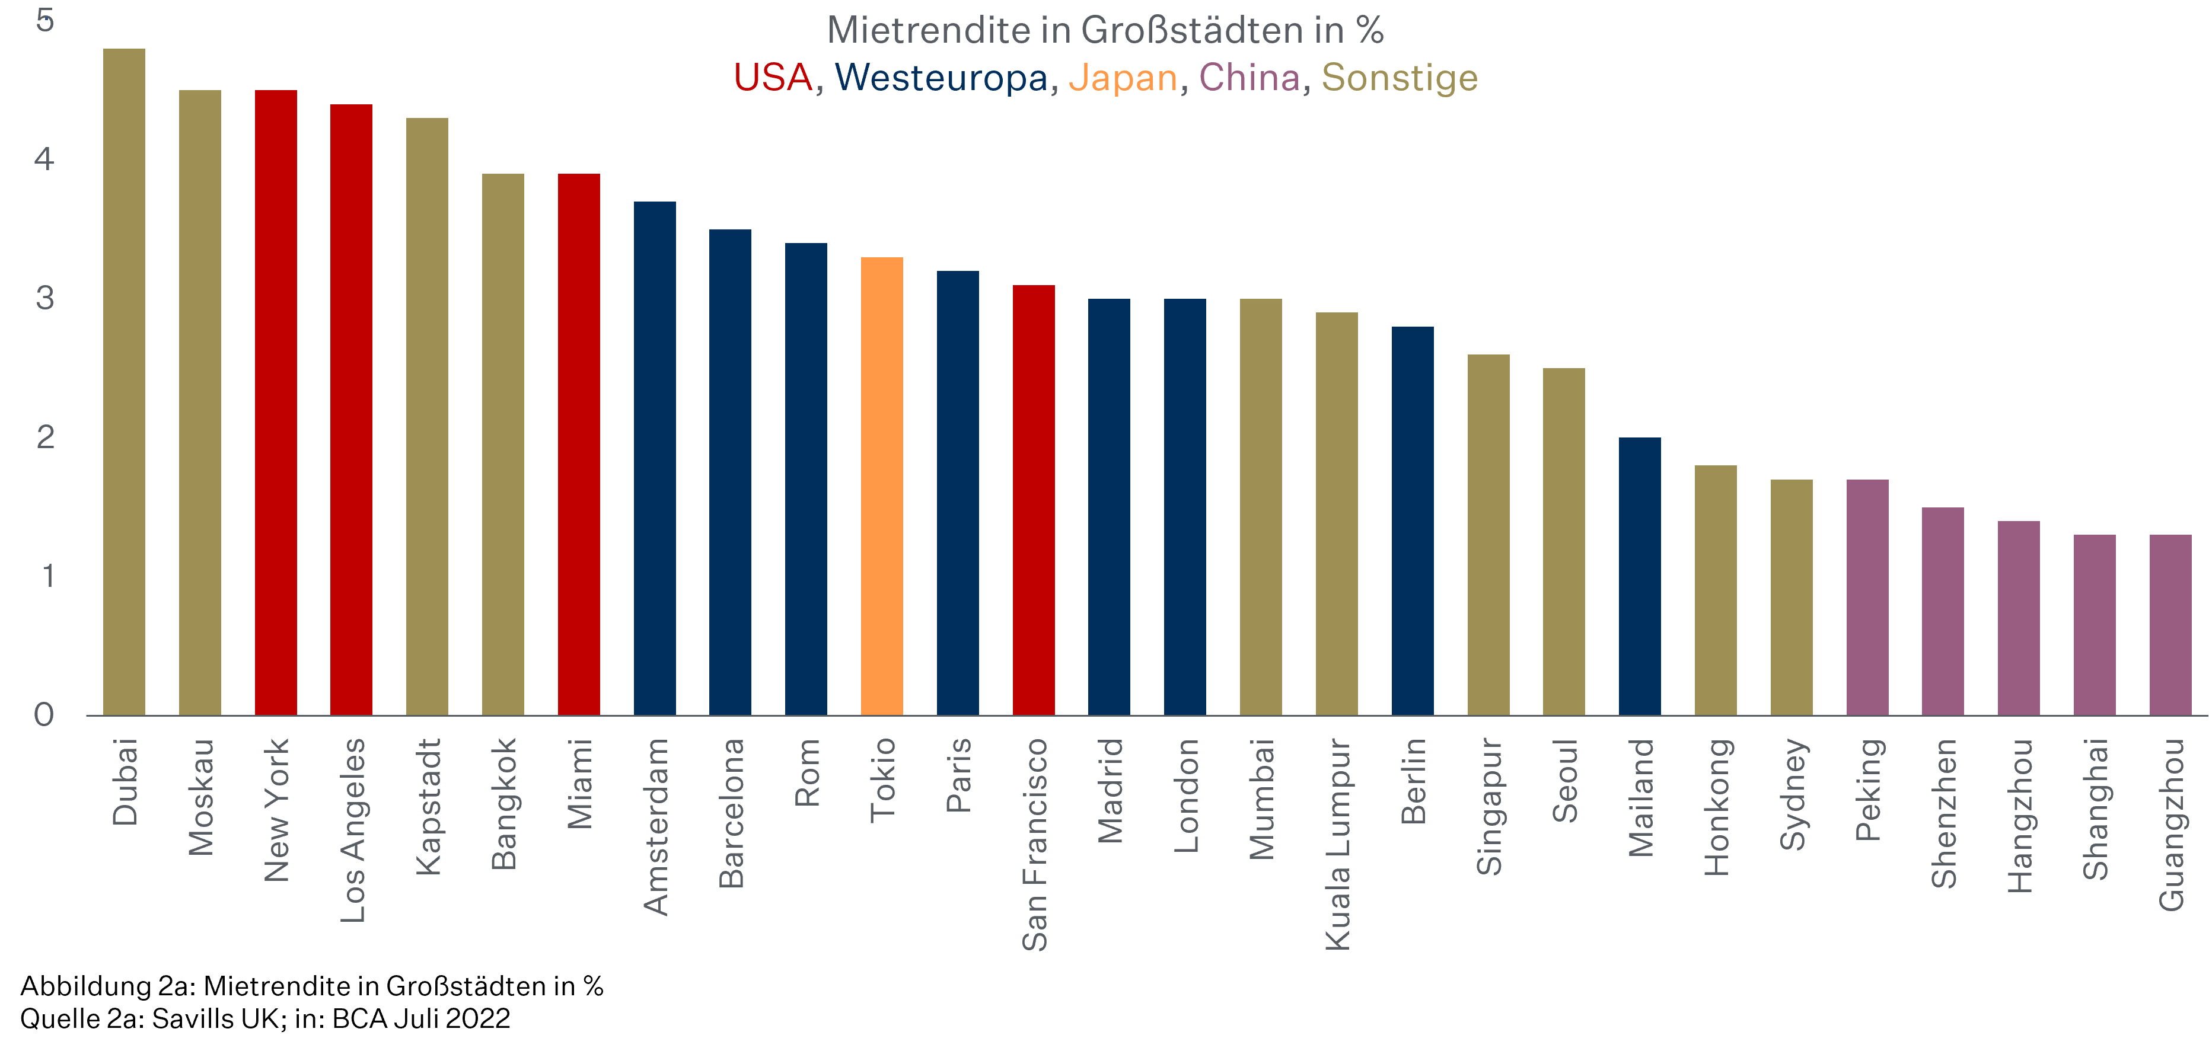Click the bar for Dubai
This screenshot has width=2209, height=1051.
click(125, 382)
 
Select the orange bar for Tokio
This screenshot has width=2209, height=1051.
click(882, 486)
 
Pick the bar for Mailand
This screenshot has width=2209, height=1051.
click(1640, 576)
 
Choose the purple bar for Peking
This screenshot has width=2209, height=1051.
click(1867, 598)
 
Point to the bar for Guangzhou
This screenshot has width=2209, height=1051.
click(2170, 625)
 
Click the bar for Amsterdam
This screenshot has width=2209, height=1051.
click(654, 459)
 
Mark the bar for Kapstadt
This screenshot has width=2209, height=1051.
click(427, 417)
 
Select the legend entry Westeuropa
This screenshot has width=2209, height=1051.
click(941, 78)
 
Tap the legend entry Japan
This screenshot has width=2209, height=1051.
click(1123, 78)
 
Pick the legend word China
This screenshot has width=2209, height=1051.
click(1249, 78)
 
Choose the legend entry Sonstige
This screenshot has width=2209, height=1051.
click(1400, 78)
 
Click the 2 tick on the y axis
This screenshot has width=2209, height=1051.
click(46, 437)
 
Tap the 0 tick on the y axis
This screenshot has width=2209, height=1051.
click(44, 715)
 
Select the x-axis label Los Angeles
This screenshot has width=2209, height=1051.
click(352, 830)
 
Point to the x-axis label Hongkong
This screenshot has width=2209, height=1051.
click(1717, 807)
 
